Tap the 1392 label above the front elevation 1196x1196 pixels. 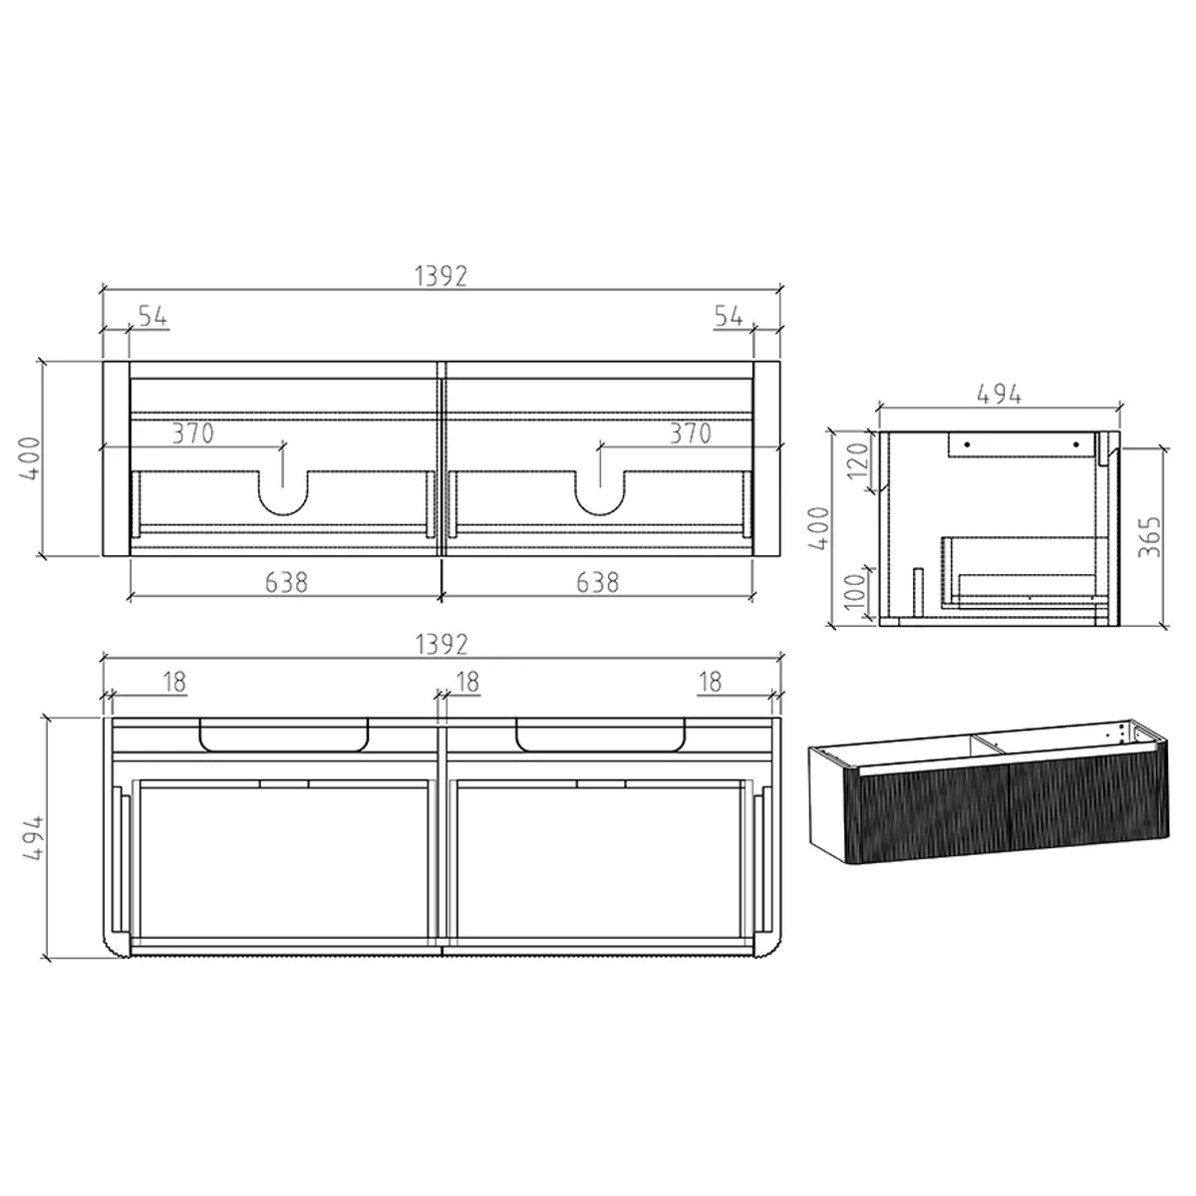440,276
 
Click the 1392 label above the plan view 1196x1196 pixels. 440,645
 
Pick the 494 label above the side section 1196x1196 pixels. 998,394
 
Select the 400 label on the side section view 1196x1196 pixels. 819,528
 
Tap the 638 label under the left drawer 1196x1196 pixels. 286,582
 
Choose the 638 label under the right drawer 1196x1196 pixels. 598,582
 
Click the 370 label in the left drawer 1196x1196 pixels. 192,434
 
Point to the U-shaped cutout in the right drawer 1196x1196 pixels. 600,492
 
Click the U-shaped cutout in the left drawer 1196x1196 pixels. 284,492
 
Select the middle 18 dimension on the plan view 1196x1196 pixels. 466,682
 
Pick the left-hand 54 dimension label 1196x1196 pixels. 151,316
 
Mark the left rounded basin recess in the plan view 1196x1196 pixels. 285,733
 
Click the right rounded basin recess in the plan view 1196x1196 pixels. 601,733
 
